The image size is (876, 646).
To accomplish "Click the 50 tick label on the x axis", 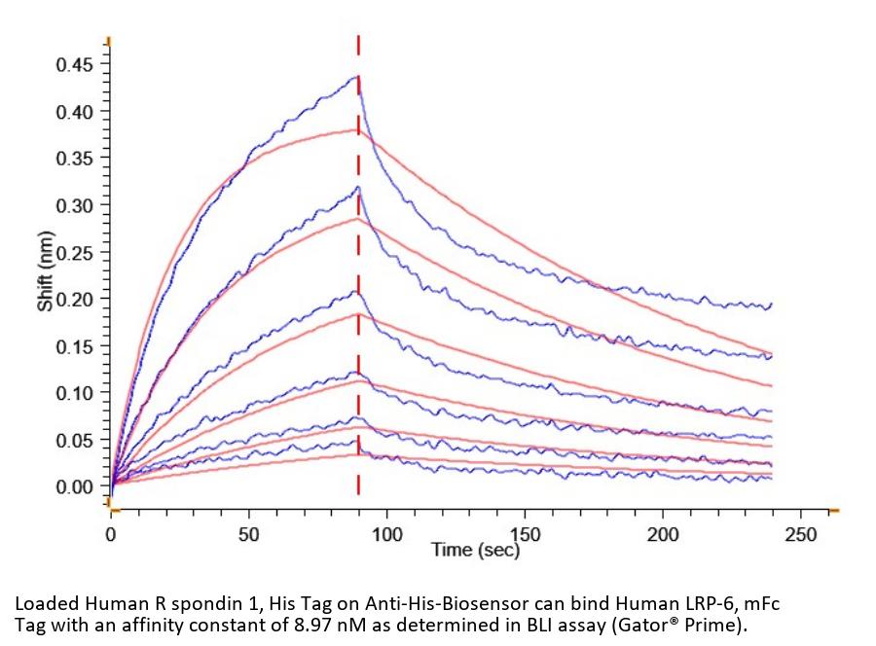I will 249,534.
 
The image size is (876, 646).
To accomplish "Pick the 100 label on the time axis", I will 386,534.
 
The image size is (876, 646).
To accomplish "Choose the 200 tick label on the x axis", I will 663,534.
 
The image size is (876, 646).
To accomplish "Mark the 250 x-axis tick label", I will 800,534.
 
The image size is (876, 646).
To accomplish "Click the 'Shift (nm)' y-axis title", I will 46,275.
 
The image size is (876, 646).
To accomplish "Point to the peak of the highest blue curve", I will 357,77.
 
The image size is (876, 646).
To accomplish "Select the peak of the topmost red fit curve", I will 356,129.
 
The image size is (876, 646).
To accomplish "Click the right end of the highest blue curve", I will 771,305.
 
